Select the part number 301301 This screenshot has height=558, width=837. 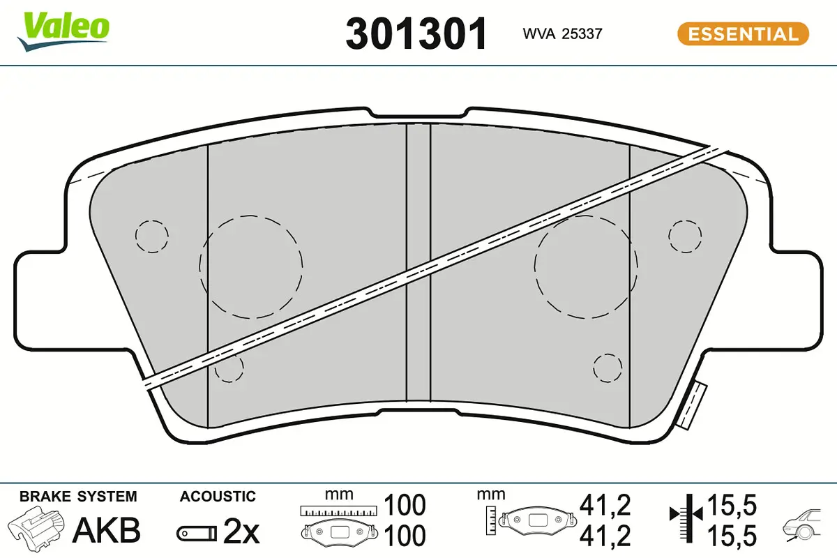(416, 33)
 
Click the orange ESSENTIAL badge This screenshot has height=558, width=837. (743, 34)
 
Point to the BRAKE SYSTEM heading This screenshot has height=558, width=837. (78, 497)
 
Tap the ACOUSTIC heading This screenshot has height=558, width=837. (218, 497)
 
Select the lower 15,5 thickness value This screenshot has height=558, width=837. (732, 536)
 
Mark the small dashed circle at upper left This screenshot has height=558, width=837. (151, 236)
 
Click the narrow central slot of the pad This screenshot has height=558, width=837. (418, 265)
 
